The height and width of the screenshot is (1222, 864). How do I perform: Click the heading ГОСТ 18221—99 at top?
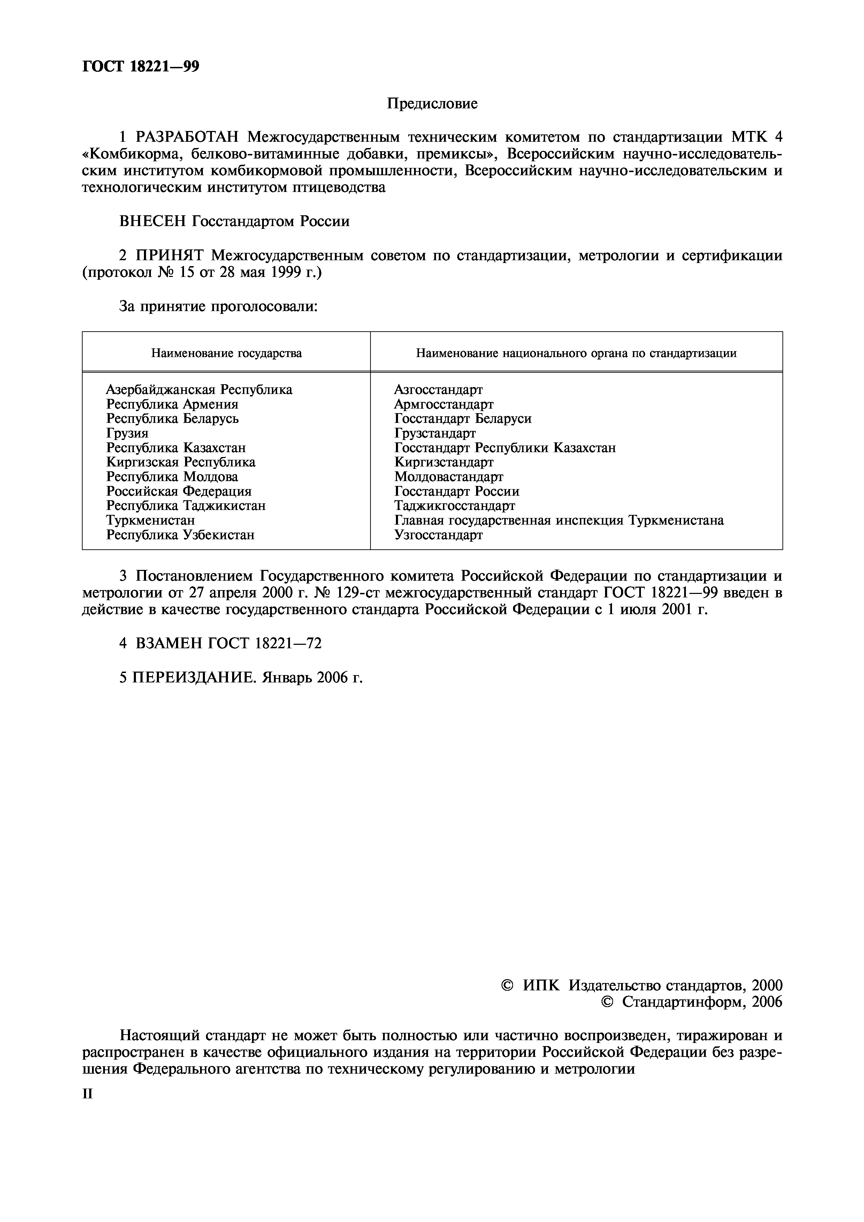click(140, 67)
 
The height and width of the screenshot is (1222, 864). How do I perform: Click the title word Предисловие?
click(432, 103)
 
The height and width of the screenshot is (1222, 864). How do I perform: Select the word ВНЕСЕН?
click(152, 221)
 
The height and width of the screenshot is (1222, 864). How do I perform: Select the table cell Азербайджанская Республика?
click(199, 389)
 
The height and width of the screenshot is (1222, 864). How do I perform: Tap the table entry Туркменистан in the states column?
click(151, 520)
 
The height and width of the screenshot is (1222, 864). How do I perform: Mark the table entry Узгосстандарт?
click(439, 535)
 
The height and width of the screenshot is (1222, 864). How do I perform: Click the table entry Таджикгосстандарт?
click(454, 505)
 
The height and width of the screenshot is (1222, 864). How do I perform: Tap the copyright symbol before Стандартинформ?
click(606, 1002)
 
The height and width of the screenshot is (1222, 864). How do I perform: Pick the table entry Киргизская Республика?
click(181, 462)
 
